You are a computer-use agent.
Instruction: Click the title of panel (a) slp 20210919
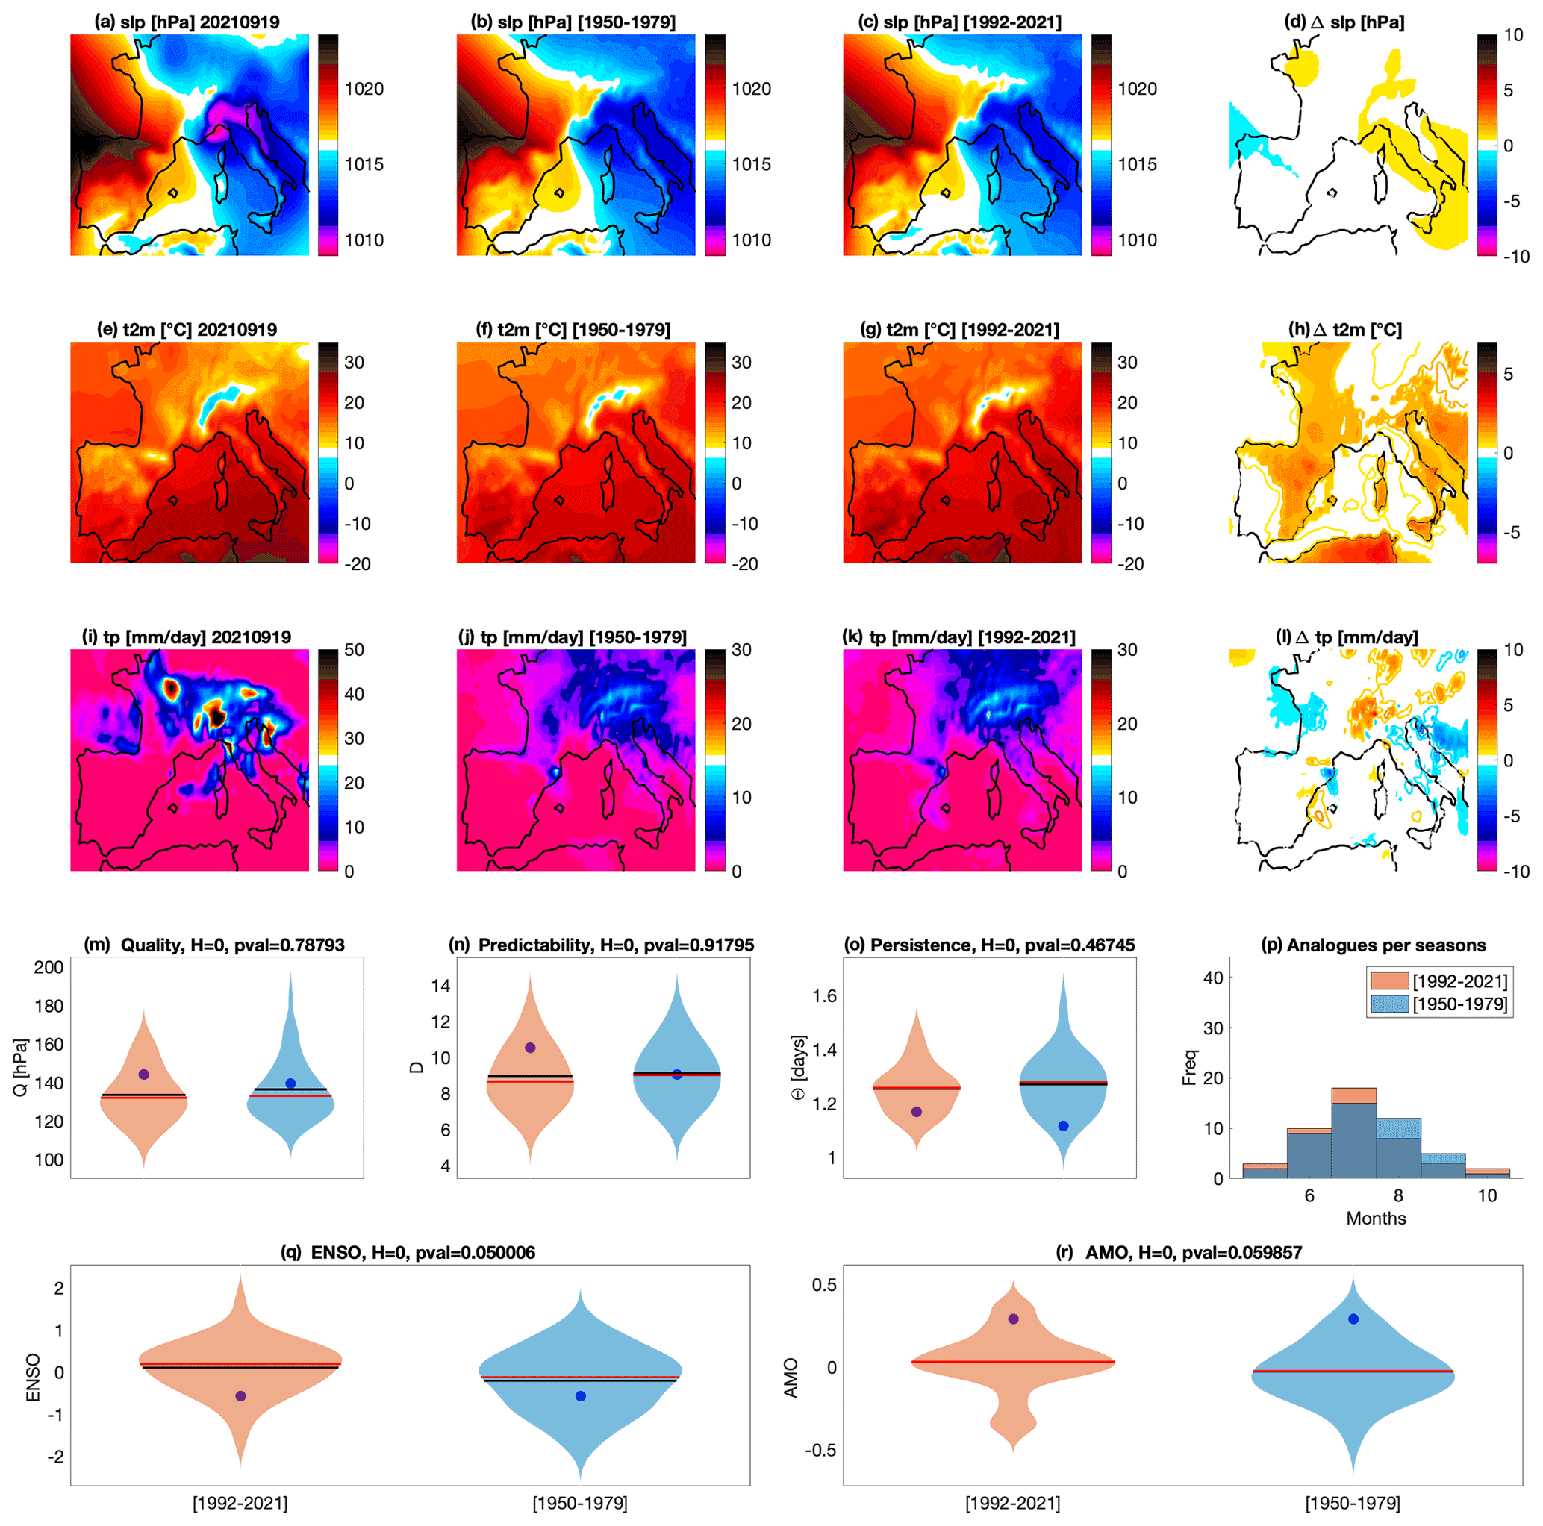click(x=187, y=22)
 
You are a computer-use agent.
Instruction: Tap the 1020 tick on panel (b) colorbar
click(x=752, y=89)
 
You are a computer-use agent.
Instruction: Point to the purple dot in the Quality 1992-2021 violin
click(x=144, y=1074)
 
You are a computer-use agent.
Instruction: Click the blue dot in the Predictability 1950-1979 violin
click(x=676, y=1074)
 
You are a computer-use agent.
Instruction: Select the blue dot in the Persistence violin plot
click(x=1063, y=1126)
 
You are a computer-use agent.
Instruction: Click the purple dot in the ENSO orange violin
click(x=240, y=1396)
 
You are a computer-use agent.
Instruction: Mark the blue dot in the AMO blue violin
click(x=1353, y=1319)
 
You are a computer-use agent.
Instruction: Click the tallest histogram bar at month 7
click(x=1353, y=1134)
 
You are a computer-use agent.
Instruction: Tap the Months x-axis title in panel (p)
click(x=1376, y=1219)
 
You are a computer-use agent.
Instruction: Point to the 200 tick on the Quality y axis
click(x=49, y=967)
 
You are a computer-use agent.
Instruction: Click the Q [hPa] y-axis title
click(x=21, y=1067)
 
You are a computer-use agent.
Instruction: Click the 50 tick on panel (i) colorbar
click(x=355, y=650)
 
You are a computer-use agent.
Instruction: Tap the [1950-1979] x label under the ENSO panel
click(x=580, y=1504)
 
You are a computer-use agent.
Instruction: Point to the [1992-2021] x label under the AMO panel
click(x=1013, y=1504)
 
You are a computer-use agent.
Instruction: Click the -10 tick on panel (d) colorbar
click(x=1516, y=257)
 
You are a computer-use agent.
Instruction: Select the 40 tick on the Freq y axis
click(x=1213, y=978)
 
